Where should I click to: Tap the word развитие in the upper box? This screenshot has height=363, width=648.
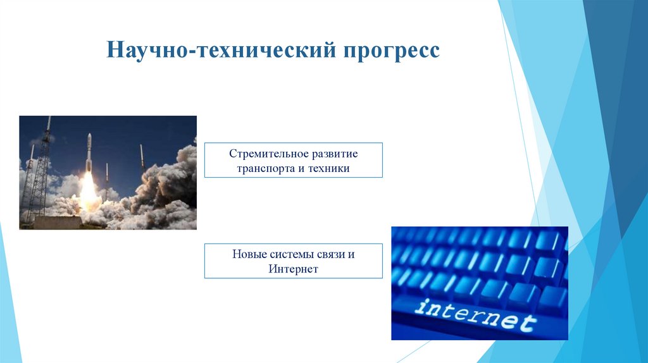tap(333, 154)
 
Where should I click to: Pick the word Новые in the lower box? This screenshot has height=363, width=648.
tap(247, 255)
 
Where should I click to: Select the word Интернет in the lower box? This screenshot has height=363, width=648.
tap(293, 269)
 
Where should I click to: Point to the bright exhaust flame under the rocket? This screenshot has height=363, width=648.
tap(89, 187)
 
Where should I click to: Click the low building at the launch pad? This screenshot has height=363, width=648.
tap(57, 222)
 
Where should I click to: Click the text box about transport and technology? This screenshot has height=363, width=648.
tap(294, 160)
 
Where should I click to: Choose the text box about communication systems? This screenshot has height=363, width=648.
tap(294, 261)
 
